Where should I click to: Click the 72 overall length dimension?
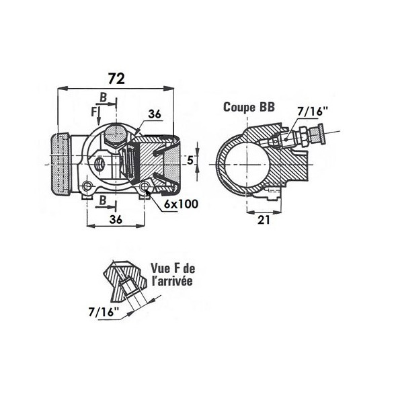coord(116,78)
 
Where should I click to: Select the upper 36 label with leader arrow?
coord(155,115)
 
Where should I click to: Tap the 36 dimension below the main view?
coord(115,219)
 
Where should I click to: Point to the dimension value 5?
coord(190,159)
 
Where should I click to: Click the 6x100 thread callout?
coord(180,203)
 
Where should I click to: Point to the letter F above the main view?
coord(93,110)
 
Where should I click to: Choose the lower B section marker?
coord(102,201)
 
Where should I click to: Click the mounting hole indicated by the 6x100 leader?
coord(145,187)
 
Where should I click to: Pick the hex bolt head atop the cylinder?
coord(114,134)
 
